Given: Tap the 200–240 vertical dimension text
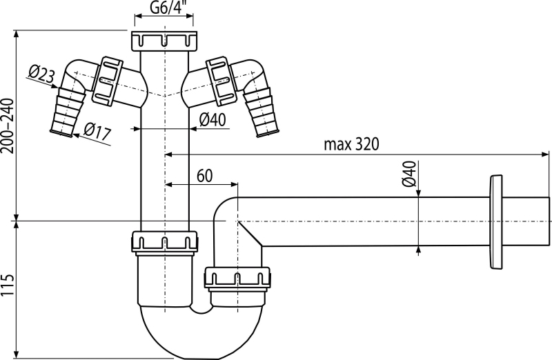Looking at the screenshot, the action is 8,126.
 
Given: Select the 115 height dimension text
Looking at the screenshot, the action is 8,285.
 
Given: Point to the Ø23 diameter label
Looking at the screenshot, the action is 41,74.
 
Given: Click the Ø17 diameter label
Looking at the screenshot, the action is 97,132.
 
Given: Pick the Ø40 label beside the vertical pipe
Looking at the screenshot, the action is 213,120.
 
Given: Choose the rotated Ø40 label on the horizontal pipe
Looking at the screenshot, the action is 409,174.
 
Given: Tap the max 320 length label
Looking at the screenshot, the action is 351,144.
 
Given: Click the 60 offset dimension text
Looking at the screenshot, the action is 204,176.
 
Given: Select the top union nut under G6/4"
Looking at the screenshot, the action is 164,41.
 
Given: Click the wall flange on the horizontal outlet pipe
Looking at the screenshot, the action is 495,221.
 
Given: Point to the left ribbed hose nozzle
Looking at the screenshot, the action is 68,111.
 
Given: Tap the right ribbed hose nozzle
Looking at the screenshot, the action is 261,111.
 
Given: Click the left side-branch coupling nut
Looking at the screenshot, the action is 108,81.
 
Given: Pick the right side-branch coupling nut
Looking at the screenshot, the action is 221,81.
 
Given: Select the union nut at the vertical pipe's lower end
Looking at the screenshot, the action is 164,243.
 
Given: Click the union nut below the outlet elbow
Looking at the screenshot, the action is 237,279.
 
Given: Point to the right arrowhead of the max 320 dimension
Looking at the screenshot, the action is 545,154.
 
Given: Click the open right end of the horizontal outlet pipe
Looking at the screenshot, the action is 549,221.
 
